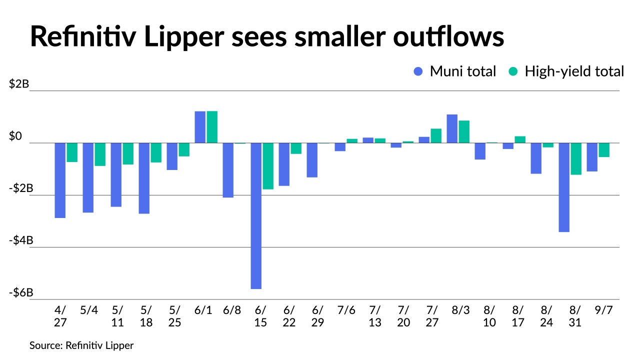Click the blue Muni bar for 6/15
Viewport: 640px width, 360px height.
pyautogui.click(x=256, y=216)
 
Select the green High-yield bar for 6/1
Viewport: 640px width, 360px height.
pyautogui.click(x=212, y=127)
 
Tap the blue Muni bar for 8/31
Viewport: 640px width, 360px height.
pyautogui.click(x=564, y=187)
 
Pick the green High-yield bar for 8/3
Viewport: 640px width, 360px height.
pyautogui.click(x=464, y=132)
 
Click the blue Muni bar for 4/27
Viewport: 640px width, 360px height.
pyautogui.click(x=60, y=180)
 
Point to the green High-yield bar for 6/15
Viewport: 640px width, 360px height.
pyautogui.click(x=268, y=166)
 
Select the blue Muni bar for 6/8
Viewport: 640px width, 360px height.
pyautogui.click(x=228, y=170)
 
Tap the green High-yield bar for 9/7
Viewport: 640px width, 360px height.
pyautogui.click(x=604, y=150)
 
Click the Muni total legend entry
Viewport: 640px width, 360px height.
pyautogui.click(x=454, y=71)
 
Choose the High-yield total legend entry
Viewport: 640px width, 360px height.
pyautogui.click(x=566, y=71)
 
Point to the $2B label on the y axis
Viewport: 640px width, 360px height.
pyautogui.click(x=19, y=84)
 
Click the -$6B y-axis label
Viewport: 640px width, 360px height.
pyautogui.click(x=20, y=292)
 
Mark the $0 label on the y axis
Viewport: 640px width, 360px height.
pyautogui.click(x=20, y=136)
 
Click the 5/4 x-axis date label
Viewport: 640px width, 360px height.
pyautogui.click(x=89, y=310)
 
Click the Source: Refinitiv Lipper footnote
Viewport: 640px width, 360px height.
pyautogui.click(x=81, y=345)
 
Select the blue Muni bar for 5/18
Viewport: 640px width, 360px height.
pyautogui.click(x=144, y=178)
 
